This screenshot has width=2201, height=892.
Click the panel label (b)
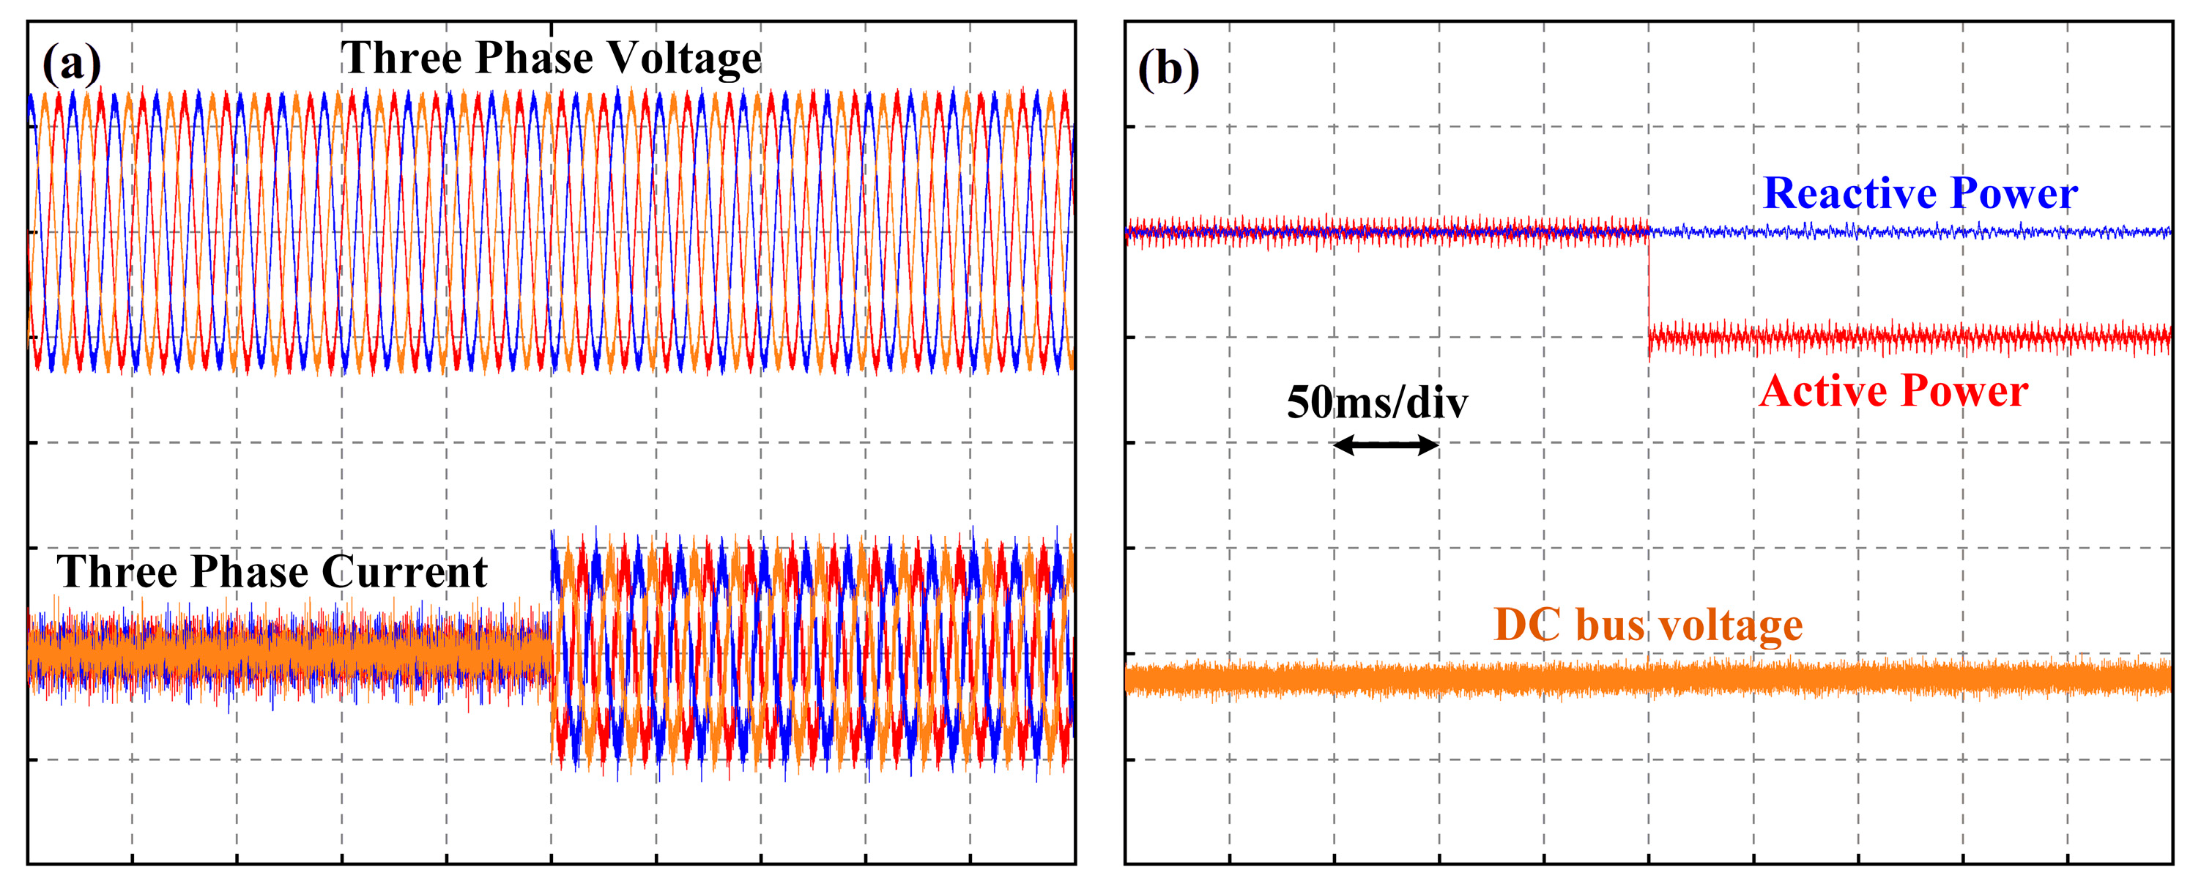pyautogui.click(x=1168, y=69)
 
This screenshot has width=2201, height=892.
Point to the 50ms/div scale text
pyautogui.click(x=1376, y=404)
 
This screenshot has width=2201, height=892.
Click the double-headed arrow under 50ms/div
pyautogui.click(x=1386, y=445)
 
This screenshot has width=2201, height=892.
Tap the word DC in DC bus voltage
pyautogui.click(x=1527, y=625)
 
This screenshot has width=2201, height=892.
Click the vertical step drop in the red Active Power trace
pyautogui.click(x=1648, y=286)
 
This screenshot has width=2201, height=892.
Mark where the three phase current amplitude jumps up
pyautogui.click(x=552, y=598)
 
